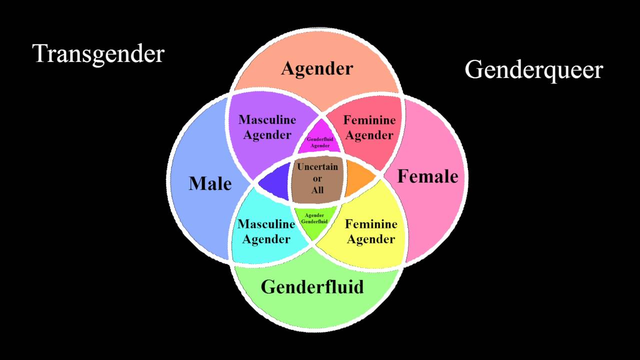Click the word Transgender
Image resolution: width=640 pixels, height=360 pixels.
(98, 54)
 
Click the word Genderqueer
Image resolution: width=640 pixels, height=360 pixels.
(533, 70)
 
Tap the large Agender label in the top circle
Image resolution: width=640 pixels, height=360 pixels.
(317, 69)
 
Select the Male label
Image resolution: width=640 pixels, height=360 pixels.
(210, 183)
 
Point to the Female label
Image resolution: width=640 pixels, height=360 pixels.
(427, 176)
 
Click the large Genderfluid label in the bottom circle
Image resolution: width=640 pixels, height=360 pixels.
(312, 286)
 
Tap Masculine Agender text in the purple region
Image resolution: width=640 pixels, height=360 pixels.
(267, 127)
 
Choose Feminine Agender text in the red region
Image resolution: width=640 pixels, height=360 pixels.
(369, 127)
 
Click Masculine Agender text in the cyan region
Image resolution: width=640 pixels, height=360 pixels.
(266, 231)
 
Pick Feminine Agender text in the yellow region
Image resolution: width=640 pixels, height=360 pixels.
(371, 231)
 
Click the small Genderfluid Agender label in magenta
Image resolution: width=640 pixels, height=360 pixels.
(320, 142)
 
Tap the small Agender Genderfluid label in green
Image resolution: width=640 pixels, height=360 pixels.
(314, 218)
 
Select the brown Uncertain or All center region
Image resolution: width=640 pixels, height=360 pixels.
(317, 179)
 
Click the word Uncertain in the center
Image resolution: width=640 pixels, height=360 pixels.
(317, 167)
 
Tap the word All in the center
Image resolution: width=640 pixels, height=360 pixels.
(317, 190)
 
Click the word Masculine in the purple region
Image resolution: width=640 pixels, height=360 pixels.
(267, 119)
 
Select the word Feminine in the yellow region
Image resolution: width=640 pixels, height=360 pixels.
(371, 224)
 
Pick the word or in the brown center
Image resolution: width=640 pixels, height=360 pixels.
(317, 179)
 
